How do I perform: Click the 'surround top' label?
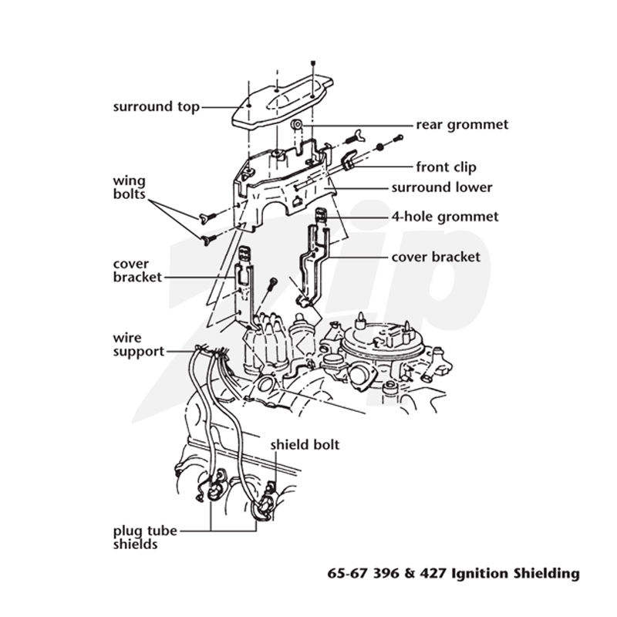click(157, 107)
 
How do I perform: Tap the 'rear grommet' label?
click(462, 125)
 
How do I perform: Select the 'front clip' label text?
click(447, 167)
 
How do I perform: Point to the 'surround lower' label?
click(441, 187)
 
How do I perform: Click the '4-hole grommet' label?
click(445, 217)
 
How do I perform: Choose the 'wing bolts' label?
click(129, 187)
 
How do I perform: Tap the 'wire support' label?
click(139, 345)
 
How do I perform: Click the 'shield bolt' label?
click(305, 445)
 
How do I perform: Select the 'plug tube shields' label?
click(145, 538)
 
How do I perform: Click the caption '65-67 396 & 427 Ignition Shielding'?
click(453, 573)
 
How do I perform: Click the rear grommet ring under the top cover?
click(296, 126)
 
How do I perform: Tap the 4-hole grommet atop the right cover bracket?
click(321, 216)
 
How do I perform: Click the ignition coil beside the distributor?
click(302, 335)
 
